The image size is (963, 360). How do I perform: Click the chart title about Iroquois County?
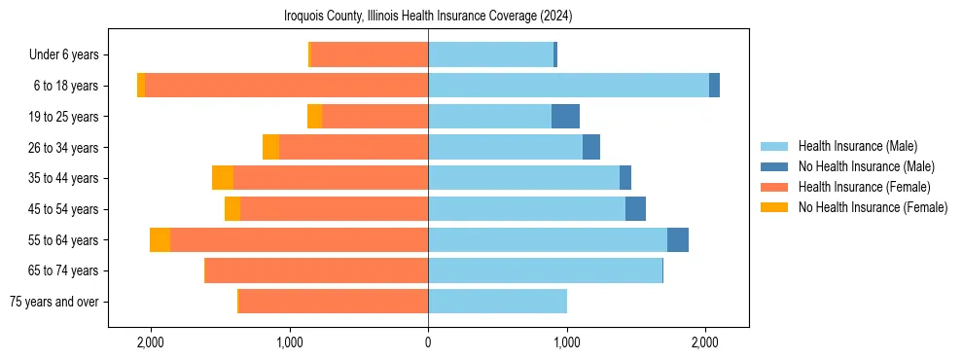click(428, 16)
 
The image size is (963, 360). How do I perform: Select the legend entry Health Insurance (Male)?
click(857, 146)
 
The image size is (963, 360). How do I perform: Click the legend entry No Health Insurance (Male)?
click(866, 166)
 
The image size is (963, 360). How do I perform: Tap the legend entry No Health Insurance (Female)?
click(873, 207)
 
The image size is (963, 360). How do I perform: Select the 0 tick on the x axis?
click(428, 342)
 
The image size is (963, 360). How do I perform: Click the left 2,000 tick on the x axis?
click(151, 342)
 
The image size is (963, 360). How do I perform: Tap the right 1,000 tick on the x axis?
click(567, 342)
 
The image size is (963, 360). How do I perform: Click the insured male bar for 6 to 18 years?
click(568, 86)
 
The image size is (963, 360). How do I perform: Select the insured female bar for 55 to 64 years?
click(299, 240)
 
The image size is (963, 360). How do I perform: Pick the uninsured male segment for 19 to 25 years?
click(565, 117)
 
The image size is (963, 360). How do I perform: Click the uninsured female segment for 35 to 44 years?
click(223, 178)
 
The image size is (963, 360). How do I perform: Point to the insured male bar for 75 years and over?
click(497, 302)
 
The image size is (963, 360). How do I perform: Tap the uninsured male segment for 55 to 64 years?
click(678, 240)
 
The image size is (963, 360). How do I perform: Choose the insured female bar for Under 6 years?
click(370, 54)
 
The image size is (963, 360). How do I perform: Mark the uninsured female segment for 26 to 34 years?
click(270, 147)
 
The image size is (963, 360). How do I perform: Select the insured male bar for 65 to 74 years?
click(545, 270)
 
